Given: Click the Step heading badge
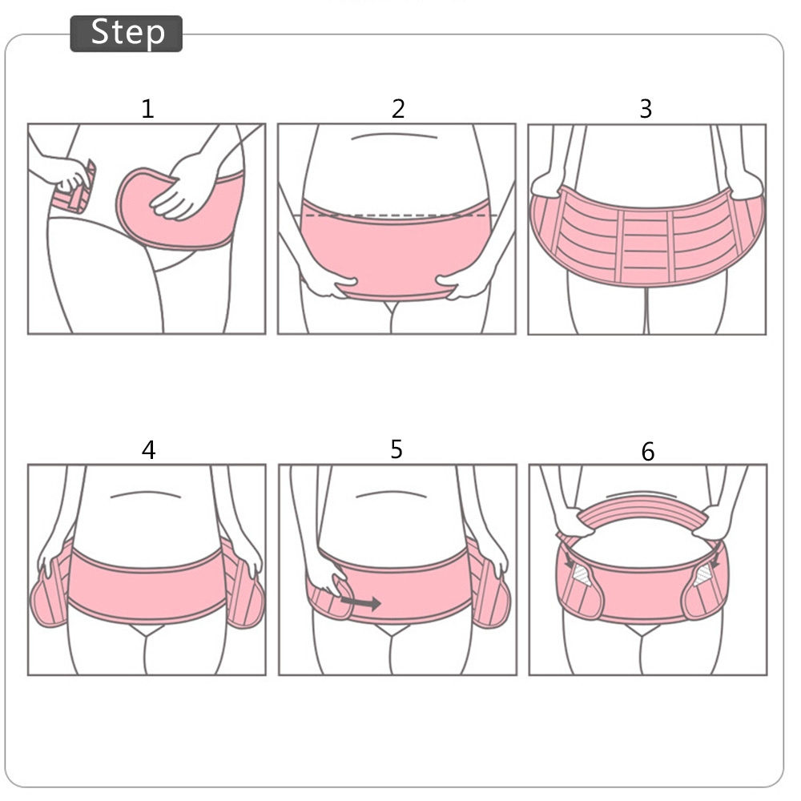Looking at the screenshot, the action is (x=127, y=34).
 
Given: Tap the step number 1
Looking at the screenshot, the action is (x=147, y=109).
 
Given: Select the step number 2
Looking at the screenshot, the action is (x=398, y=109).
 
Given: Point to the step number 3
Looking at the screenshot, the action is (x=646, y=109).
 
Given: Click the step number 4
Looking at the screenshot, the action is (x=148, y=450).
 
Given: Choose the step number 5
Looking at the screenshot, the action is (x=396, y=449).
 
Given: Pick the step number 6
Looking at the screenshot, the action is (x=648, y=452).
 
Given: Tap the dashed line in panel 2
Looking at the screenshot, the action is (x=401, y=215).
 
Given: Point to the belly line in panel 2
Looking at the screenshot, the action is (x=394, y=136).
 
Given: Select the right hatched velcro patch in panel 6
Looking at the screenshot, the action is (x=703, y=575).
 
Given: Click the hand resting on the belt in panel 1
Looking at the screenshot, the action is (x=185, y=187).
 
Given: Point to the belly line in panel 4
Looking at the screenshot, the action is (x=146, y=494).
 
